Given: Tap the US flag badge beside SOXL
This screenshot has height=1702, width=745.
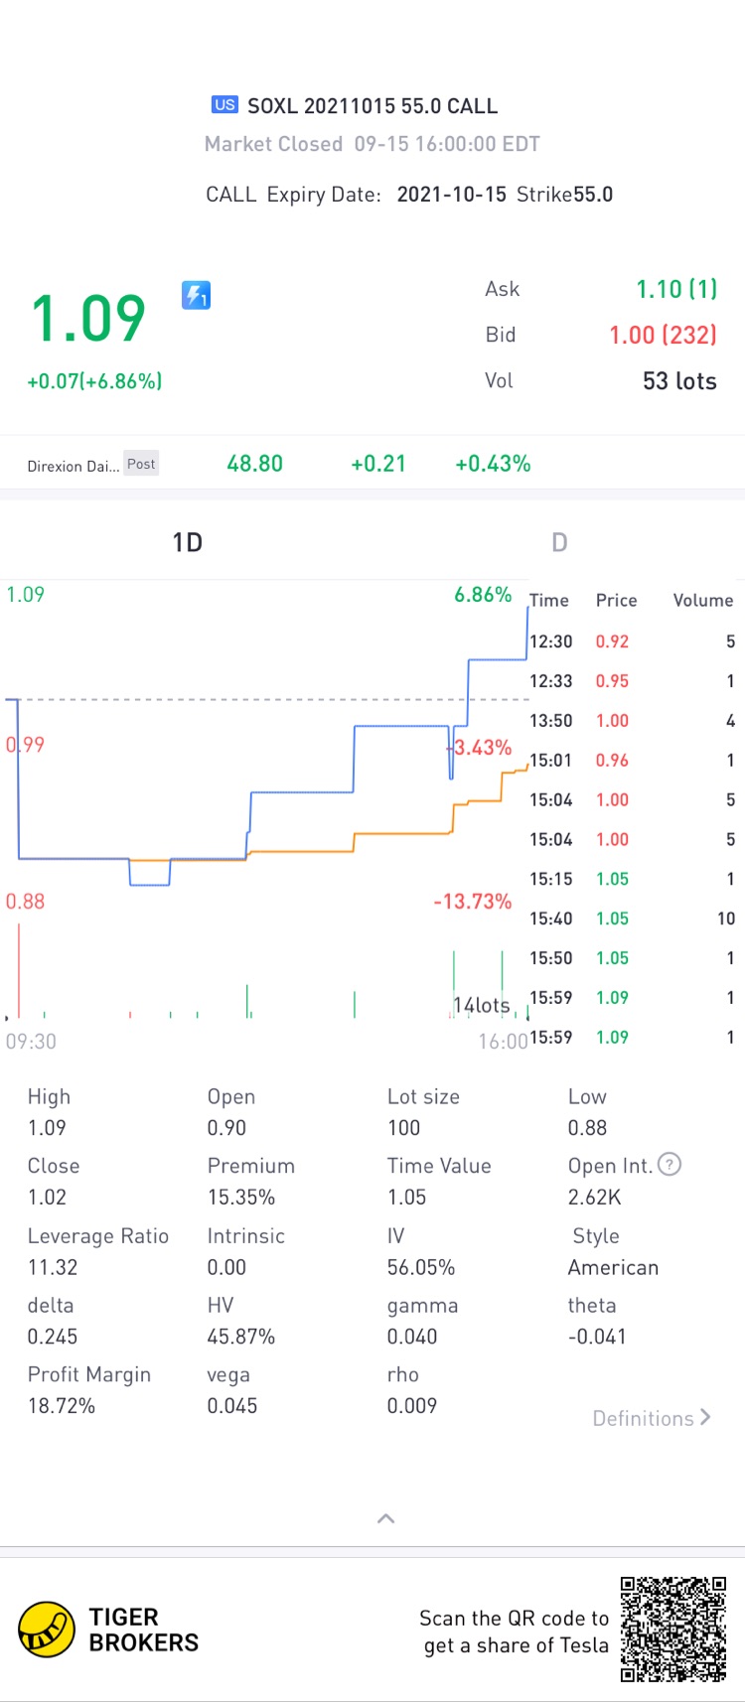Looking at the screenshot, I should pos(224,104).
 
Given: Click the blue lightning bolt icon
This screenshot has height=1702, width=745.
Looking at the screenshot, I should pos(196,295).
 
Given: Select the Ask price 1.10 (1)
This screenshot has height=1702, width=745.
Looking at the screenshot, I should pos(676,289).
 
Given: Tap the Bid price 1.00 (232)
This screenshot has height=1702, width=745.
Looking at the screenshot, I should pos(663,335).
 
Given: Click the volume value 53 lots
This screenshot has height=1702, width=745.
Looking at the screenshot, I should pos(679,381).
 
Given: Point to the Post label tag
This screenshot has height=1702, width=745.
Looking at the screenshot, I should pos(141,464).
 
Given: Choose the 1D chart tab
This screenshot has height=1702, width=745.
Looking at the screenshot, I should pos(187,542).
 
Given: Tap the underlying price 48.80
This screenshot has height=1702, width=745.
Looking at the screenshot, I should pos(254,464).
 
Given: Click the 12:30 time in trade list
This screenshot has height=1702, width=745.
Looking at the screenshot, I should pos(550,641).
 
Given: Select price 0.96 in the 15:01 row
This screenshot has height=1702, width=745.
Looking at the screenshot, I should pos(612,761).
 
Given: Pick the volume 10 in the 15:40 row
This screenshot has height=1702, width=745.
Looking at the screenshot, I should pos(726,919).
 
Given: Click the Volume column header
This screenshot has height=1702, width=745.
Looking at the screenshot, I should pos(702,601).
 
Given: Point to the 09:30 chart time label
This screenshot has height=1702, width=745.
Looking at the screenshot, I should pos(31,1042).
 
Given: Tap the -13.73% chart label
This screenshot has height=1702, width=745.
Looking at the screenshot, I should pos(473,902).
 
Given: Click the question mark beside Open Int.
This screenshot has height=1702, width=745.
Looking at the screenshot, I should pos(670,1165).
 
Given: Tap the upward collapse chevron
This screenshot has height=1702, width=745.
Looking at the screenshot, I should pos(386,1518).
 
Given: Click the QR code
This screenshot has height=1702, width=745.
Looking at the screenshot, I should pos(673,1629).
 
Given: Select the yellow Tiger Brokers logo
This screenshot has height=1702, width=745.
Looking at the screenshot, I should pos(47,1630).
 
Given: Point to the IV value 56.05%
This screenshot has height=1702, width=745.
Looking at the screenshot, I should pos(421,1267).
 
